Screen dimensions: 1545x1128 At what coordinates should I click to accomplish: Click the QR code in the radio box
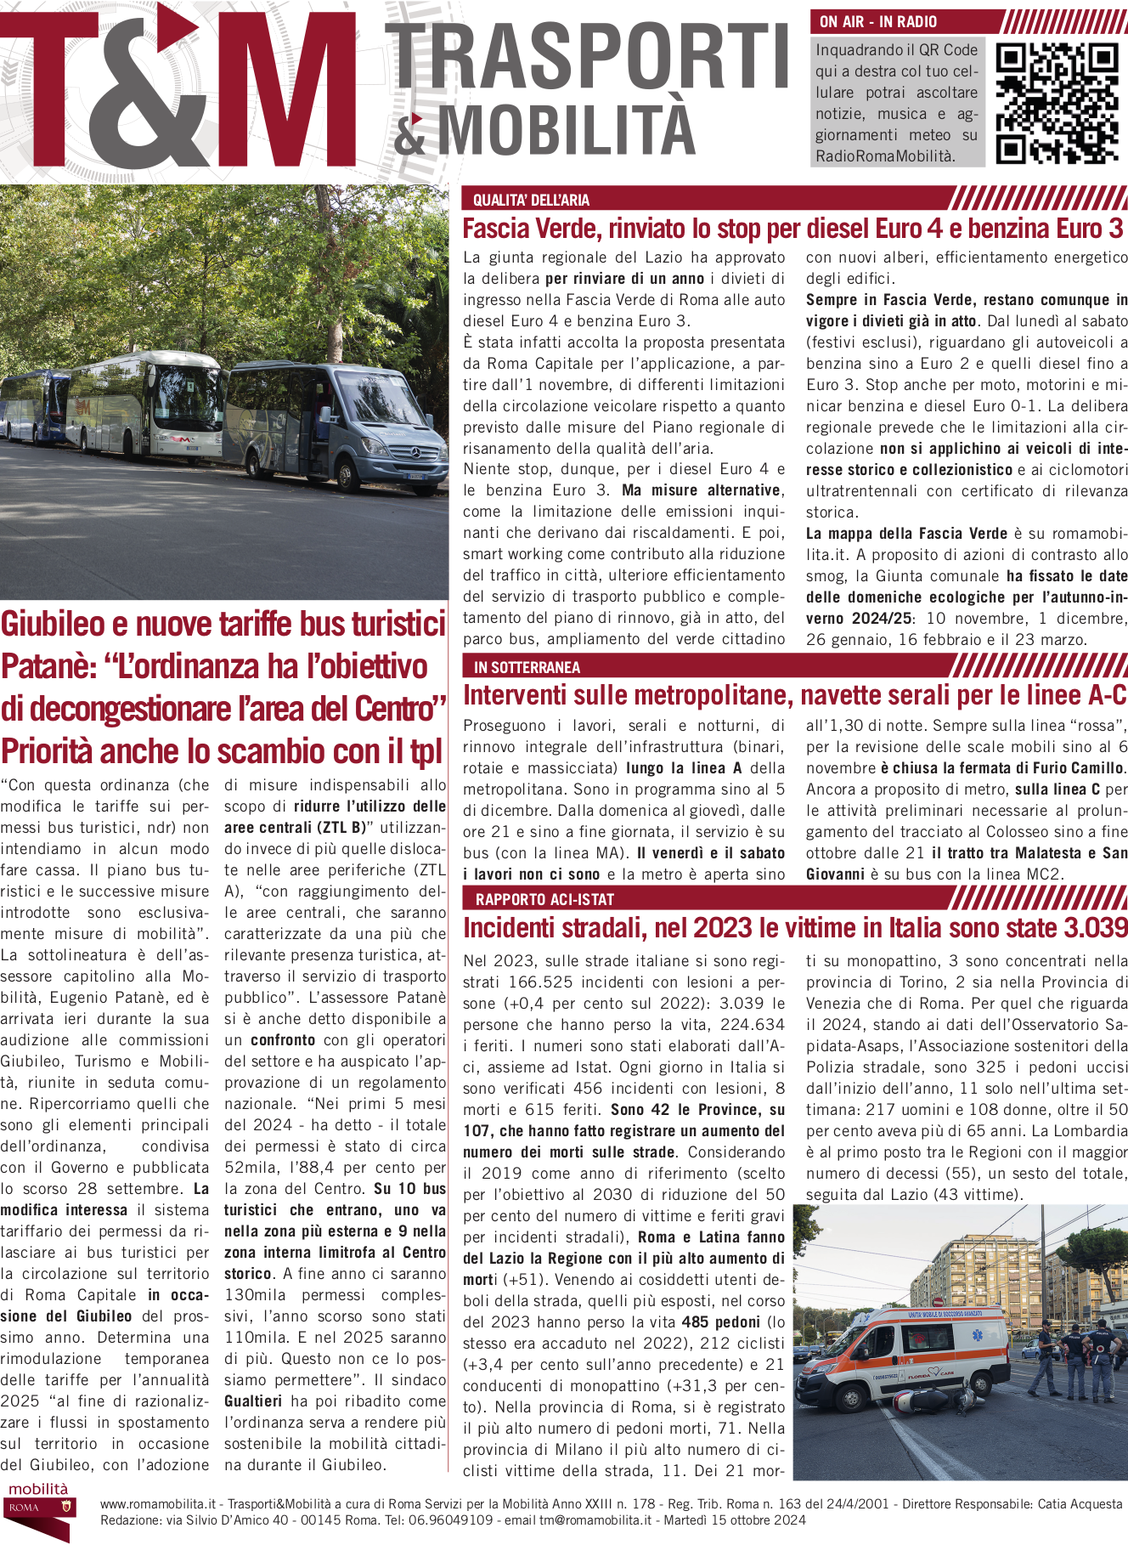tap(1057, 102)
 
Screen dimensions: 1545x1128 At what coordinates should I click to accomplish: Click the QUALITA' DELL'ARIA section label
tap(531, 200)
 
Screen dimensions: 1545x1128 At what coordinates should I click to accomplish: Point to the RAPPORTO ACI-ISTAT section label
tap(544, 899)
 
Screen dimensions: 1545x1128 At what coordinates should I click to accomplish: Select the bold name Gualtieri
tap(253, 1401)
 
